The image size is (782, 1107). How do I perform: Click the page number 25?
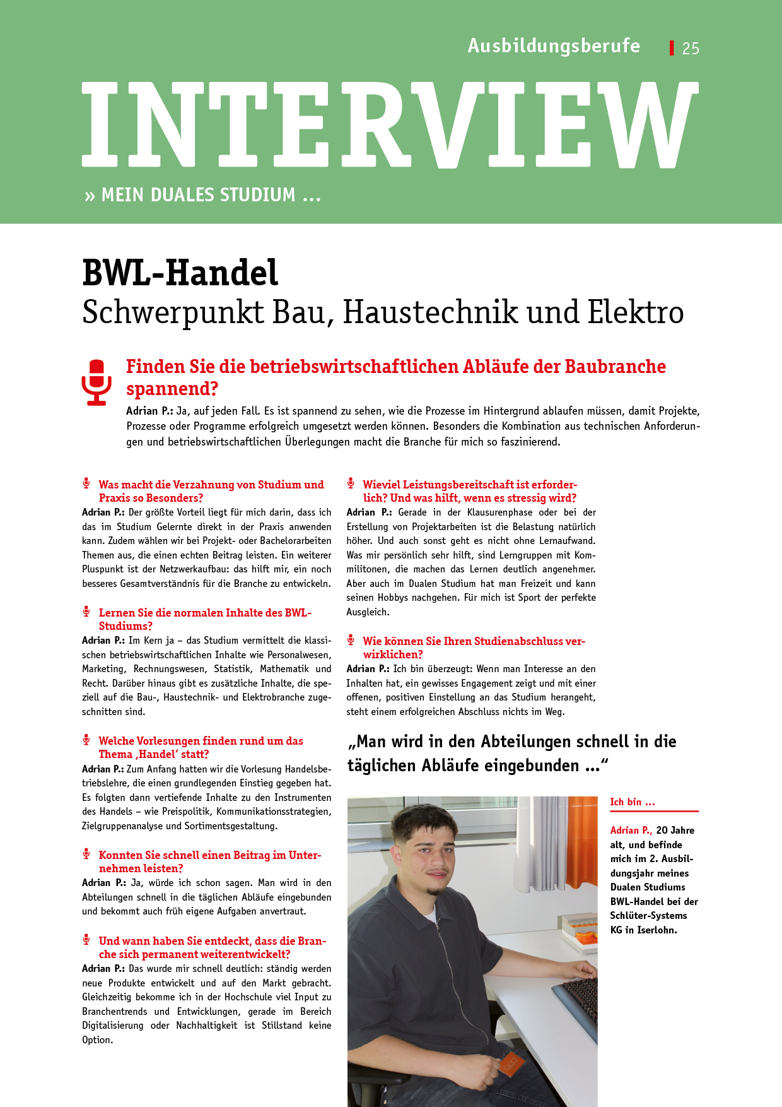coord(691,49)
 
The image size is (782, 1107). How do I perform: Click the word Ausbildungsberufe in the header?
coord(554,46)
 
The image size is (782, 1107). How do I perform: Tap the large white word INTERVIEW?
coord(390,125)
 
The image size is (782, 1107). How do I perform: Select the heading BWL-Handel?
coord(180,273)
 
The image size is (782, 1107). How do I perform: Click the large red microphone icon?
coord(96,382)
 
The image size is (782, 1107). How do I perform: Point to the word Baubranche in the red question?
coord(615,367)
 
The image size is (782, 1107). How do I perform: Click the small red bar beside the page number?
coord(672,48)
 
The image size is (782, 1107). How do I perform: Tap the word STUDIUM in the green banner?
coord(255,195)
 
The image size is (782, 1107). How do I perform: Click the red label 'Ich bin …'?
coord(633,802)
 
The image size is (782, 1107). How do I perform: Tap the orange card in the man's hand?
coord(510,1063)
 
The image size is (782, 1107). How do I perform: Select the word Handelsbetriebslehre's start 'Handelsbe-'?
coord(308,769)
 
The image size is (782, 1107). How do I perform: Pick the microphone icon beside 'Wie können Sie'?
coord(351,640)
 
